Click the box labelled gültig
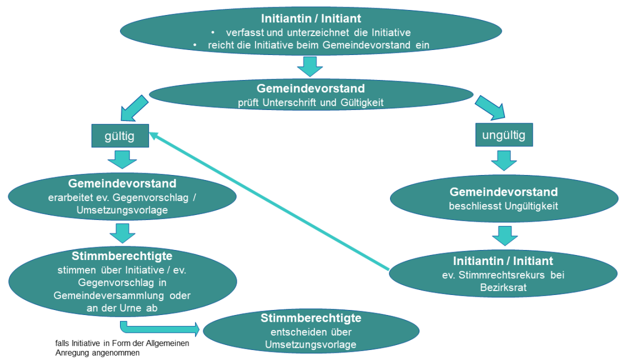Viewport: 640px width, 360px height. click(x=120, y=136)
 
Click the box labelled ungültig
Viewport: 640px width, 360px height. click(x=503, y=135)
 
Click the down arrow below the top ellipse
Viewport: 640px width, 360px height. click(x=310, y=67)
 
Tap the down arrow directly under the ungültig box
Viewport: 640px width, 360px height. click(x=503, y=161)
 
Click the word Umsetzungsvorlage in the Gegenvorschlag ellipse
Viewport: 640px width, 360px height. click(x=121, y=211)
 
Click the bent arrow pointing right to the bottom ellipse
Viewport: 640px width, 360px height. click(x=161, y=328)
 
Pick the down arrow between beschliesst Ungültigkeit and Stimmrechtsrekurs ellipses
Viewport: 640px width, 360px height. click(x=503, y=235)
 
